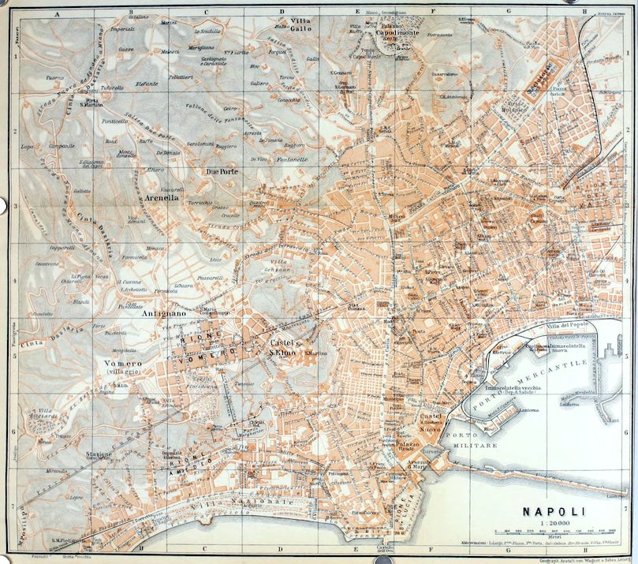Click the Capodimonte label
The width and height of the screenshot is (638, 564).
tap(395, 34)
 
